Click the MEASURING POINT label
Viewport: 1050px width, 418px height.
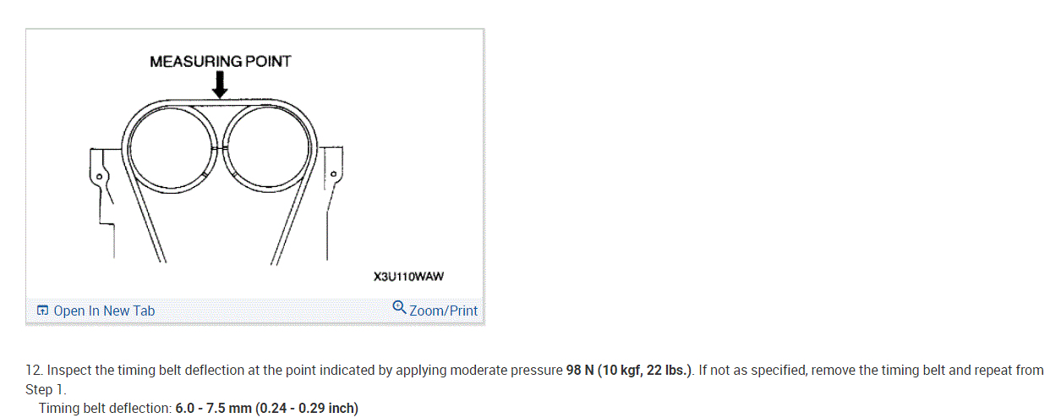click(220, 61)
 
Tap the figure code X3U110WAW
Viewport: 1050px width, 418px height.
click(408, 276)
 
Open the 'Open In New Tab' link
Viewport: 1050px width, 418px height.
click(104, 311)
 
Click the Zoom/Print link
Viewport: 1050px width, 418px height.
click(443, 311)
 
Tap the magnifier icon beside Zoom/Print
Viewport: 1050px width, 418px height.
click(400, 309)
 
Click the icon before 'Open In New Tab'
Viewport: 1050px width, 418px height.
click(43, 311)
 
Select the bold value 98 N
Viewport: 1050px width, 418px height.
click(579, 371)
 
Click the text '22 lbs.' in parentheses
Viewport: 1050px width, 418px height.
click(667, 371)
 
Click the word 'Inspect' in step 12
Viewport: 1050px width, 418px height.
click(67, 371)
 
